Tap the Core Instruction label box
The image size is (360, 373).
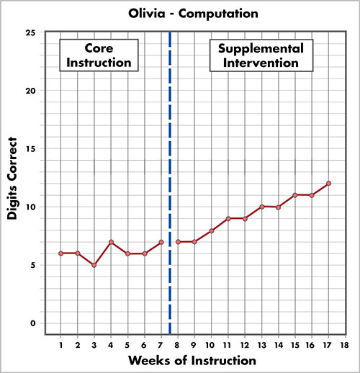(98, 55)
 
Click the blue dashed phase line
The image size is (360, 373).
(170, 180)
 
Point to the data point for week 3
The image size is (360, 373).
(94, 265)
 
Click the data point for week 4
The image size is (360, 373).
(111, 242)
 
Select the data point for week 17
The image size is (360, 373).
(328, 184)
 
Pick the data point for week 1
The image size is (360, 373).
(60, 253)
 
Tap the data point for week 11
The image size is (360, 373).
(228, 218)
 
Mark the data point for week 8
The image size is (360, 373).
(178, 242)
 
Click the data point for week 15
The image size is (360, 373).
(295, 195)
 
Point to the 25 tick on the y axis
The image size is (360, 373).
(30, 33)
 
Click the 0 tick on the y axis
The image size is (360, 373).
(32, 323)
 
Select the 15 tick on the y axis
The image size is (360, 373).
(30, 149)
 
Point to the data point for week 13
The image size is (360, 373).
(262, 207)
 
